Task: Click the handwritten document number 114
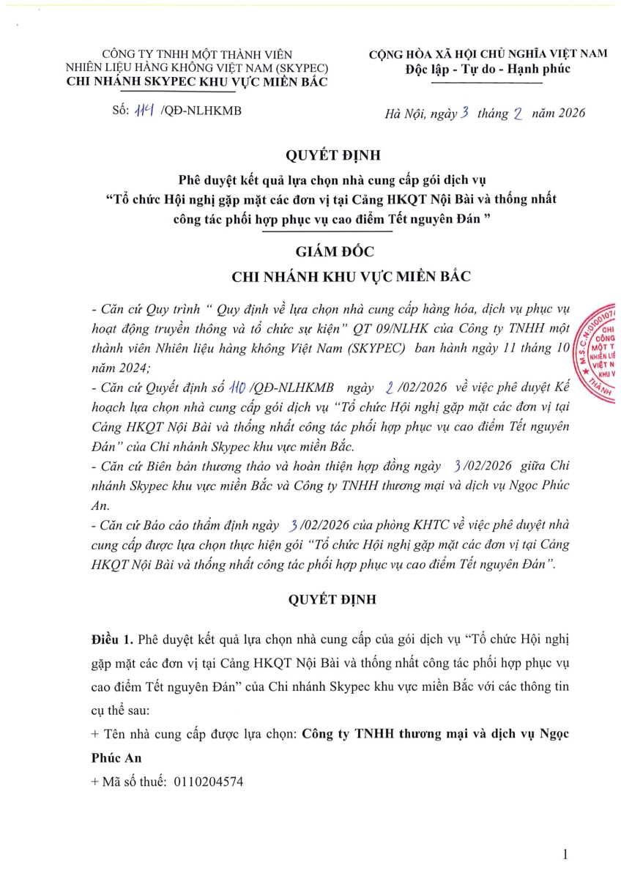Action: pyautogui.click(x=142, y=111)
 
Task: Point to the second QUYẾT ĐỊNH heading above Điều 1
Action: pyautogui.click(x=332, y=599)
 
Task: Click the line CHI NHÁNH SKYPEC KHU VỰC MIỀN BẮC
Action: pyautogui.click(x=197, y=81)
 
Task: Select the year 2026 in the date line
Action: pyautogui.click(x=569, y=113)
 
